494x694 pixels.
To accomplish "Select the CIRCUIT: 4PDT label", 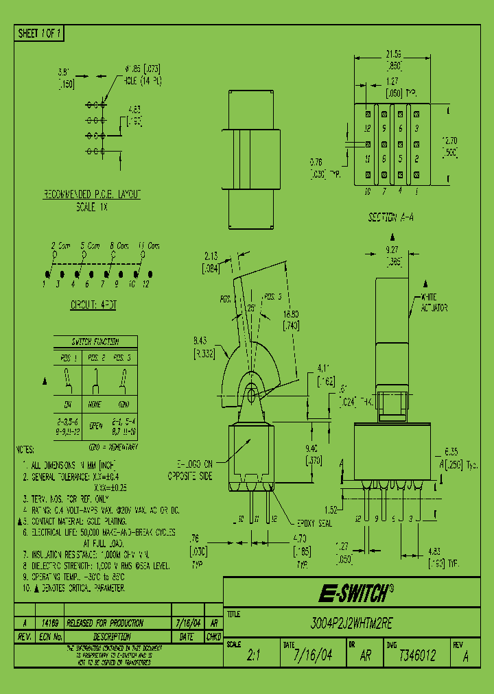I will (93, 304).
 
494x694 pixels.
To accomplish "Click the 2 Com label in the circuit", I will (60, 246).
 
